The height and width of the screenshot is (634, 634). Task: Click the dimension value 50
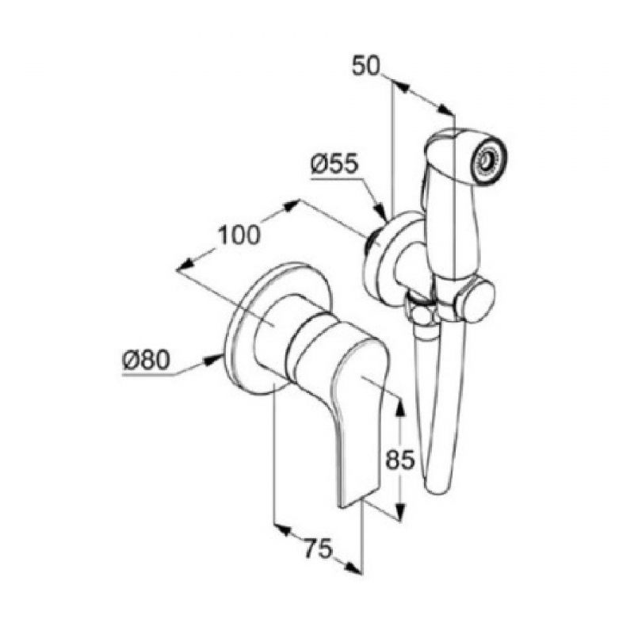coord(366,67)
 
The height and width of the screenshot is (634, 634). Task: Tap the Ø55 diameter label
coord(334,165)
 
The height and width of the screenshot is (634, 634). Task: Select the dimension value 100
coord(239,235)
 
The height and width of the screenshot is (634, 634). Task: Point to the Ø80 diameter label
coord(146,360)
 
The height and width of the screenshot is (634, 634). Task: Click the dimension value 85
coord(400,460)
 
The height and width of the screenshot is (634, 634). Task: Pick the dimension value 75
coord(319,548)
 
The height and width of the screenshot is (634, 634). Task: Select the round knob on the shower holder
coord(476,298)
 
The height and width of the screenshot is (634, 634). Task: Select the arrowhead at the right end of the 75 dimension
coord(353,567)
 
